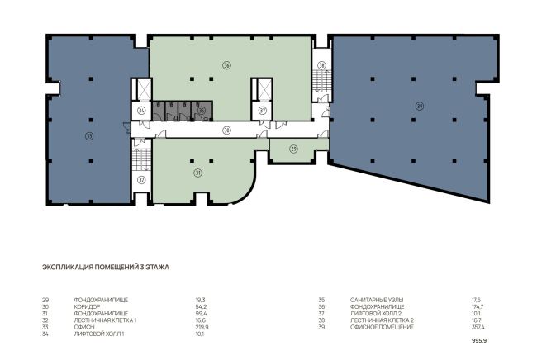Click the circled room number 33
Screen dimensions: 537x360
click(x=89, y=136)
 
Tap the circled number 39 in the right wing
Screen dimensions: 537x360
click(x=420, y=106)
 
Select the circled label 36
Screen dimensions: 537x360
click(x=226, y=65)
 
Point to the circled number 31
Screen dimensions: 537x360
click(x=198, y=173)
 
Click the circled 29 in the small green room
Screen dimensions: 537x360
click(x=293, y=149)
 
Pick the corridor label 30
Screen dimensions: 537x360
click(x=226, y=130)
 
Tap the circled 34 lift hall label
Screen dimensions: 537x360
click(x=141, y=111)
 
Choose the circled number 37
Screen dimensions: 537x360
click(x=263, y=111)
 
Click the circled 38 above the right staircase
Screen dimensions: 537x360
click(x=321, y=65)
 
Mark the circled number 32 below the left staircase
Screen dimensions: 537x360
click(x=141, y=180)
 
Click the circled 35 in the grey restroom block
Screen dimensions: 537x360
click(x=202, y=111)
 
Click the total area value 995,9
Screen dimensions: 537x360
click(x=479, y=341)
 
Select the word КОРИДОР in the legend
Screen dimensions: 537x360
click(x=87, y=306)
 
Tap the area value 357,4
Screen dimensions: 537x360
click(x=478, y=327)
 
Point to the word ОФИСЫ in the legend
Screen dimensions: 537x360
click(x=84, y=327)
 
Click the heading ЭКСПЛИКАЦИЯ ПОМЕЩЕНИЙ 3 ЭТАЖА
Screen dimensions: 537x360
click(x=106, y=267)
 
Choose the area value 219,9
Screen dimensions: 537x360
click(x=202, y=327)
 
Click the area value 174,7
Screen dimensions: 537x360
click(x=478, y=306)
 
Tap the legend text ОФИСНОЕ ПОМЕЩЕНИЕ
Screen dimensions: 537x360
click(x=382, y=327)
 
